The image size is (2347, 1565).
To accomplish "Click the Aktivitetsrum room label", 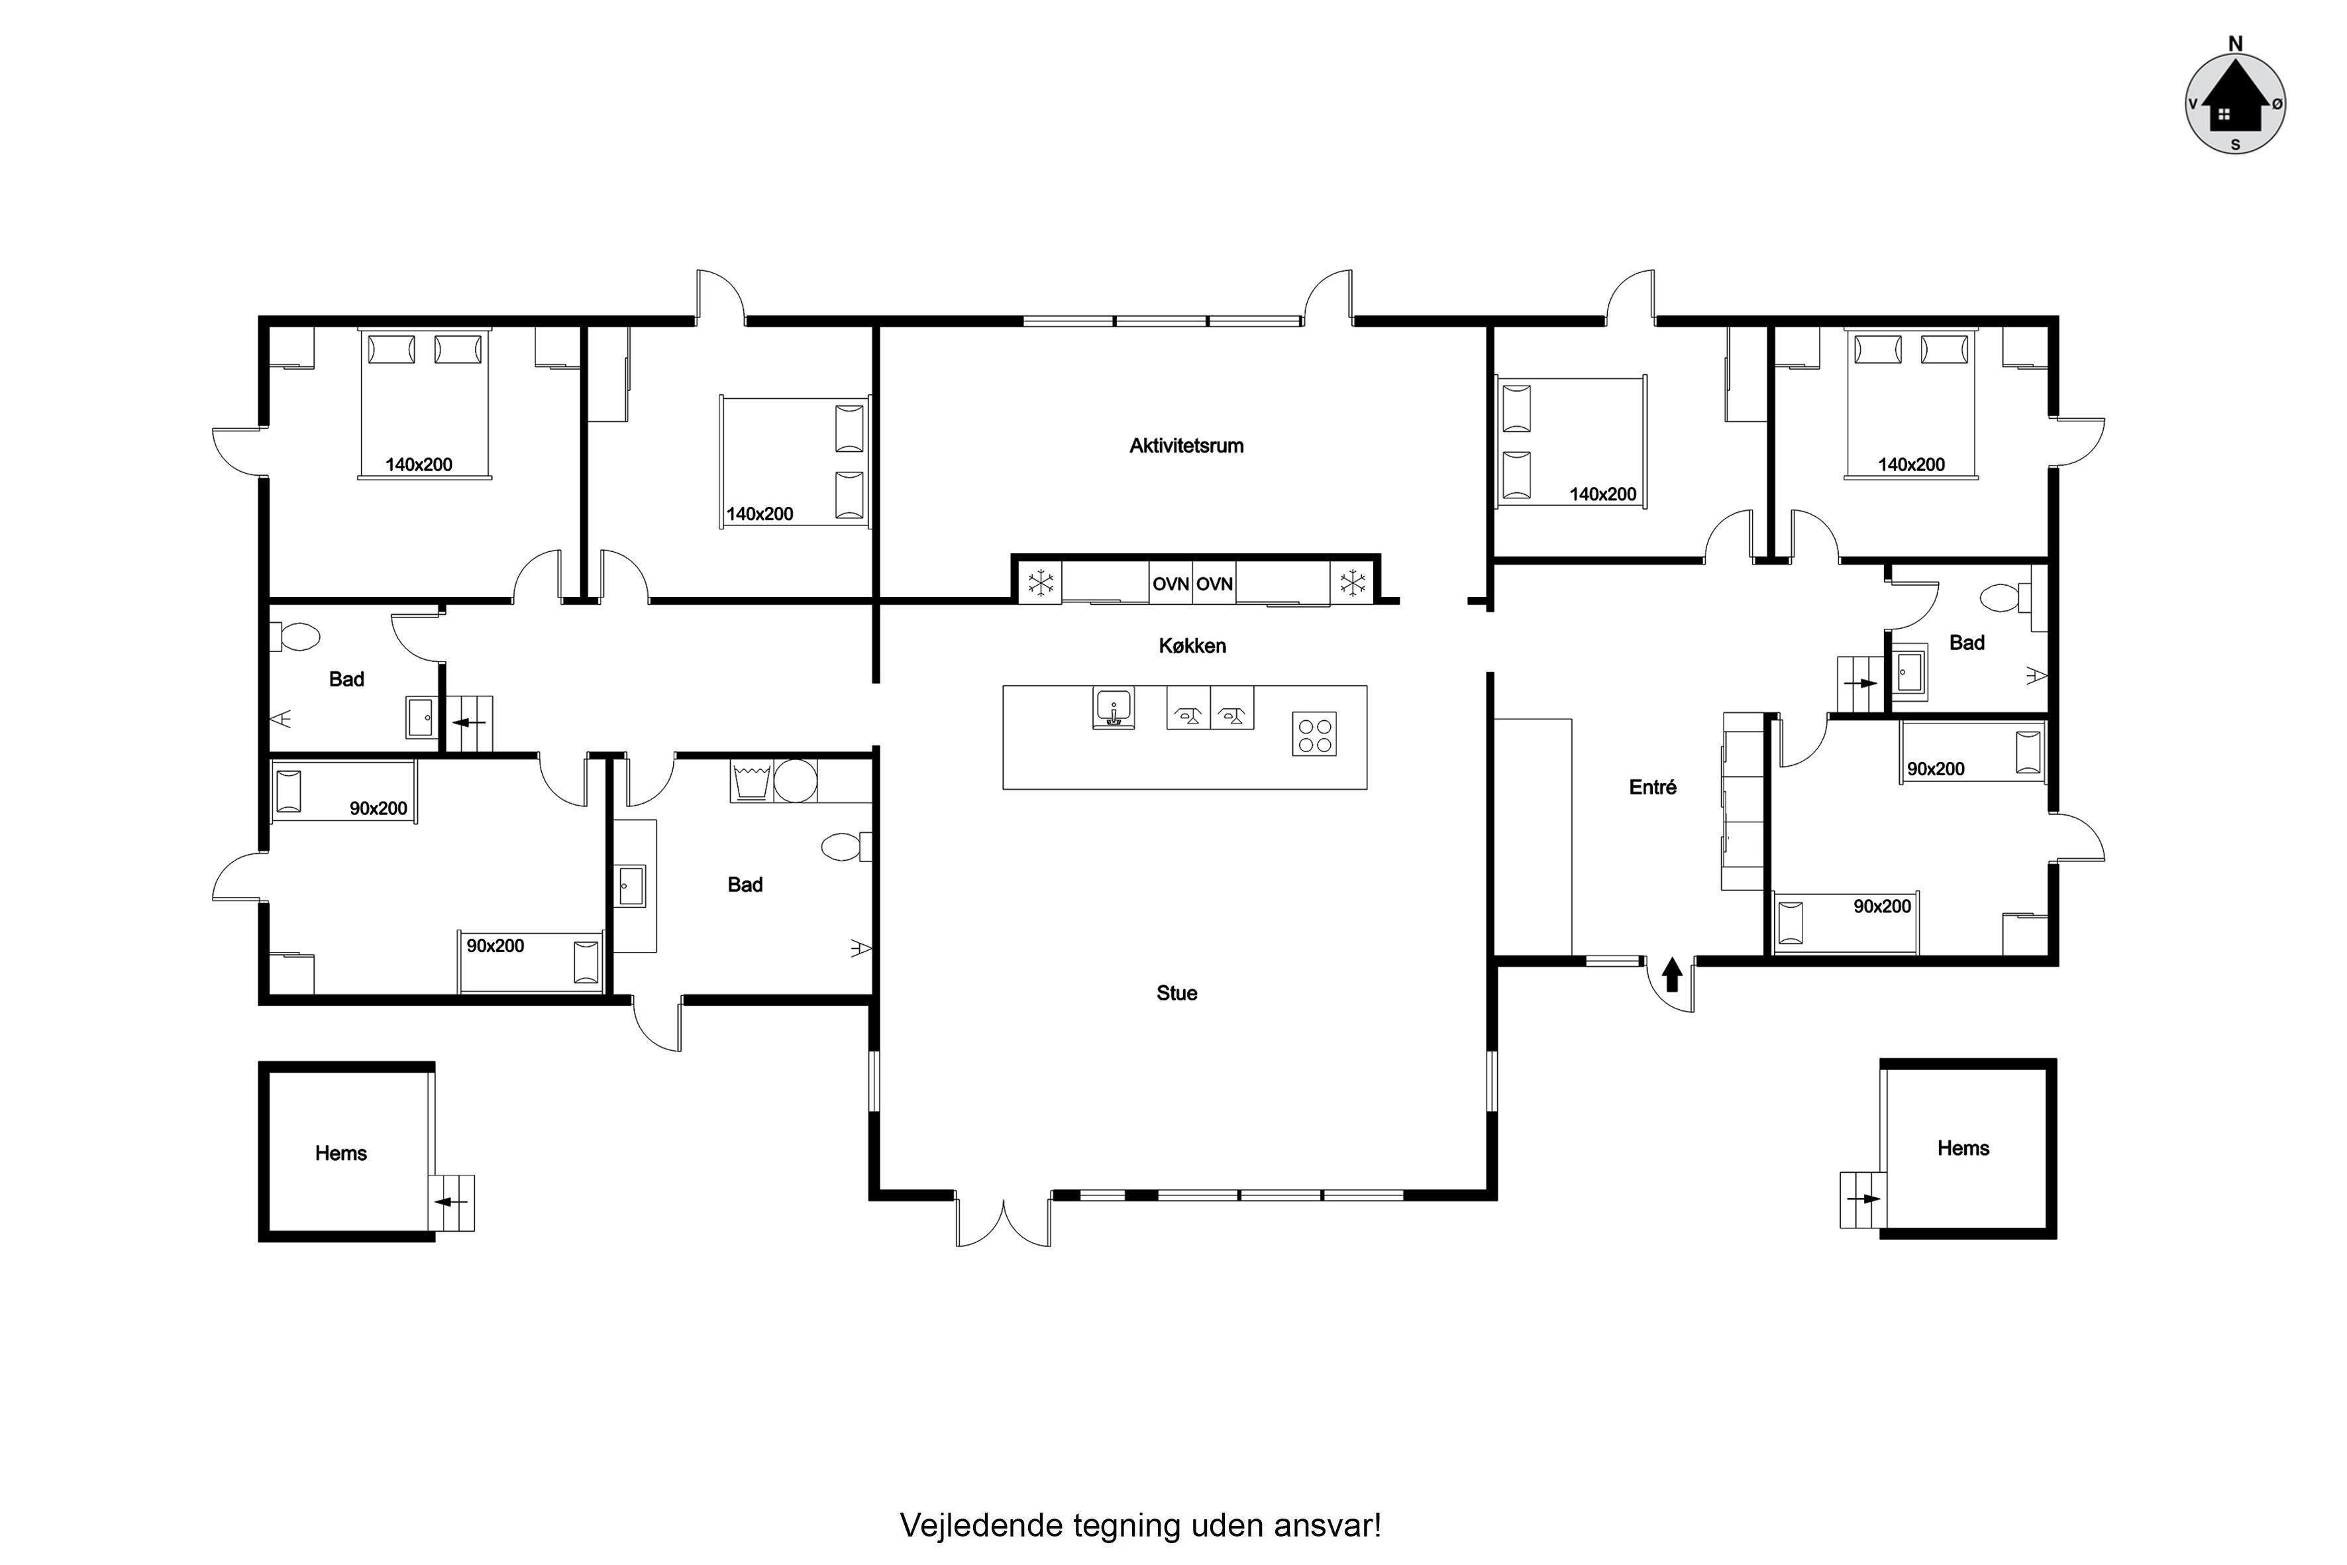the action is (x=1186, y=446).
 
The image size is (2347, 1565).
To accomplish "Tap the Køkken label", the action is (x=1192, y=646).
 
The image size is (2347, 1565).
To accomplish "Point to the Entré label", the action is (x=1653, y=788).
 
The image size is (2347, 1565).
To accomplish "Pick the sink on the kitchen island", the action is (x=1113, y=709).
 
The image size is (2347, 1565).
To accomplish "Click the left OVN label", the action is (x=1171, y=584).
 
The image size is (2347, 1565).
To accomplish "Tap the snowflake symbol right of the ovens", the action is (x=1352, y=583).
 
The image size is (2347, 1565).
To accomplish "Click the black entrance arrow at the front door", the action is (x=1673, y=975).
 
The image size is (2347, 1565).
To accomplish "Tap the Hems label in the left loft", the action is (x=341, y=1154).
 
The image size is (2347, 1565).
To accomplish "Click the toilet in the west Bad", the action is (x=295, y=636).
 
